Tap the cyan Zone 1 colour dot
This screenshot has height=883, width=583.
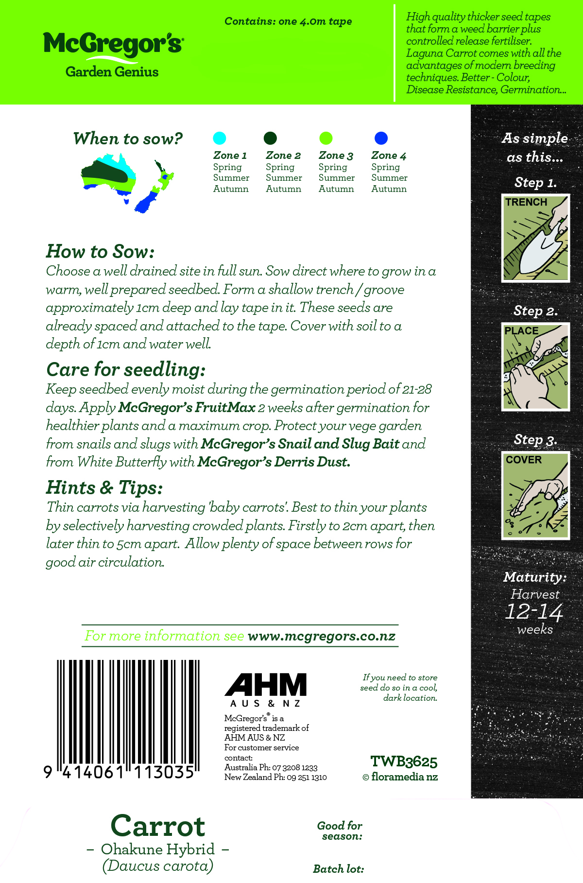220,138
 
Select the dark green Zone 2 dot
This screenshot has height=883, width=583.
270,138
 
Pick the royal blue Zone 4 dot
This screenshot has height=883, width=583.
381,138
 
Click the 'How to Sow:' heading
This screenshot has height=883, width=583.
100,252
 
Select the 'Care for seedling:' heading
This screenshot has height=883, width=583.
126,370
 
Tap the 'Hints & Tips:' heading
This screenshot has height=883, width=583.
104,488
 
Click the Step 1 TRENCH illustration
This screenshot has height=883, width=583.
535,238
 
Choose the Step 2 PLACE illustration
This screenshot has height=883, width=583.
535,367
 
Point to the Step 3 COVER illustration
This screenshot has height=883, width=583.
535,496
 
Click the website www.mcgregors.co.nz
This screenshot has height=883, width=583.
322,636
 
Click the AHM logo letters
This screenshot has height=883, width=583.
266,685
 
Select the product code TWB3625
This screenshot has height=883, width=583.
404,762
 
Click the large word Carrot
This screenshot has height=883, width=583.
158,826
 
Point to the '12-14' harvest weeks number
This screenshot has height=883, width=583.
533,612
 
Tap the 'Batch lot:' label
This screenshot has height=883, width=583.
338,869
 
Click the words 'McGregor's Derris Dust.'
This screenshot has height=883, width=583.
274,462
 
